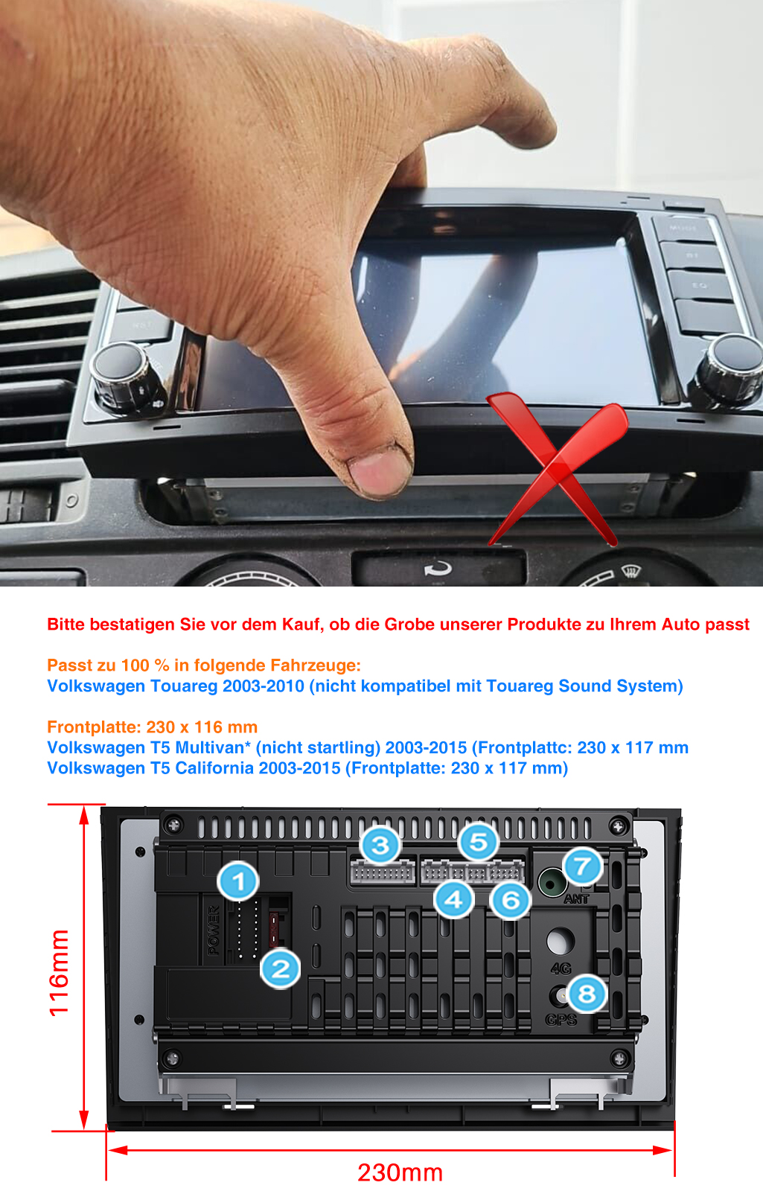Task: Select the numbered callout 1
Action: tap(238, 881)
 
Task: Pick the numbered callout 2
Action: tap(280, 968)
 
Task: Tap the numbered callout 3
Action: tap(380, 845)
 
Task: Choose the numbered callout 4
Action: tap(453, 900)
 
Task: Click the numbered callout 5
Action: tap(479, 842)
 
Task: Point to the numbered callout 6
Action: tap(511, 900)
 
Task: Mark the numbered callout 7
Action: tap(582, 866)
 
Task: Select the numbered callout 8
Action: tap(587, 993)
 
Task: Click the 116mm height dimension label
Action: tap(59, 973)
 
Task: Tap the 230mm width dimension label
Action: tap(400, 1172)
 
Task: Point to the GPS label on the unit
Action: tap(561, 1019)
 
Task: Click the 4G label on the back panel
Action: tap(561, 968)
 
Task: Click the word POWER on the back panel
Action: tap(213, 930)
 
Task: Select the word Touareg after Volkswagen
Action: tap(184, 686)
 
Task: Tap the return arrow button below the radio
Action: tap(438, 569)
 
